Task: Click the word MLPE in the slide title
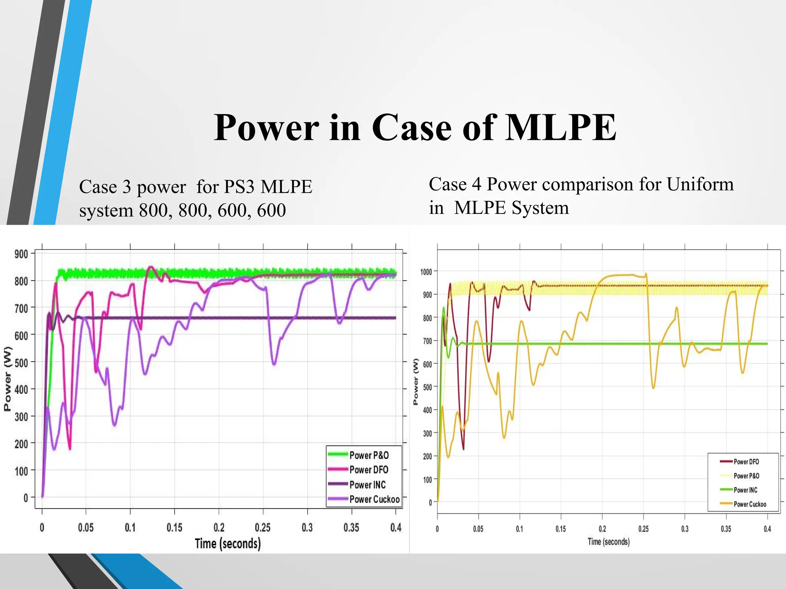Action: pos(560,128)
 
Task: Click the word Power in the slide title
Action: pos(266,128)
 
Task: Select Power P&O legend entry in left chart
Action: pos(369,455)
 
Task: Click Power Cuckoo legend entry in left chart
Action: pos(374,499)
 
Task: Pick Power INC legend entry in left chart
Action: pos(367,485)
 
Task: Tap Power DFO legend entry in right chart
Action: pos(746,462)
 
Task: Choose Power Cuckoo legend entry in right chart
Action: pos(750,504)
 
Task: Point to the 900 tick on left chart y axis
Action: pos(21,254)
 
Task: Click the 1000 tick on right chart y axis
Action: pos(426,272)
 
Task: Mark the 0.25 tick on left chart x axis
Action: pos(263,528)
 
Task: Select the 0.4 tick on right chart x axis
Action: pos(767,529)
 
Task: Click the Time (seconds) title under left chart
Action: pos(228,544)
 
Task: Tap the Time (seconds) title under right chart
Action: pos(609,541)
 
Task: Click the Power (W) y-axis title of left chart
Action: pos(8,379)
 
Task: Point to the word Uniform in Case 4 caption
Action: pos(700,184)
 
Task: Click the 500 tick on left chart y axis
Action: pos(21,362)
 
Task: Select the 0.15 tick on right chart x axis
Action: pos(561,529)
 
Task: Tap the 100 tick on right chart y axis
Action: pos(427,480)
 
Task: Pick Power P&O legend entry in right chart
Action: pos(746,476)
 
